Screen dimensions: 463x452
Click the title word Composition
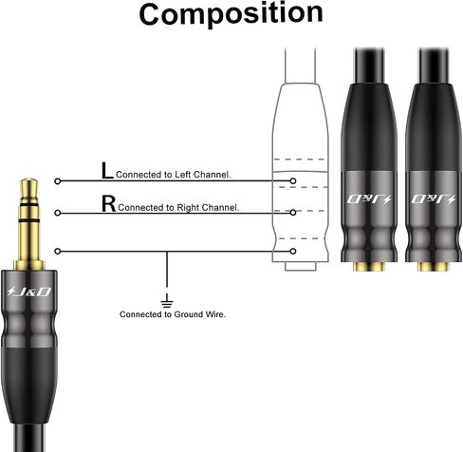point(231,14)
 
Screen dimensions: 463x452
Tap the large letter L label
point(107,171)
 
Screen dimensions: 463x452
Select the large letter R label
point(108,203)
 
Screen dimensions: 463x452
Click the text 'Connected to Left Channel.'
point(174,175)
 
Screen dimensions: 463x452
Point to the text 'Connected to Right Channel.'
point(178,208)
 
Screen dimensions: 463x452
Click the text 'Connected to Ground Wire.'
point(173,314)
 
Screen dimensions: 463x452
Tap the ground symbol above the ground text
point(167,301)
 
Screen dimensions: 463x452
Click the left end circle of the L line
point(57,181)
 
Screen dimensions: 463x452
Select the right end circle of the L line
point(293,181)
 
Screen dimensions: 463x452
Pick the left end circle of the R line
point(57,213)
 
